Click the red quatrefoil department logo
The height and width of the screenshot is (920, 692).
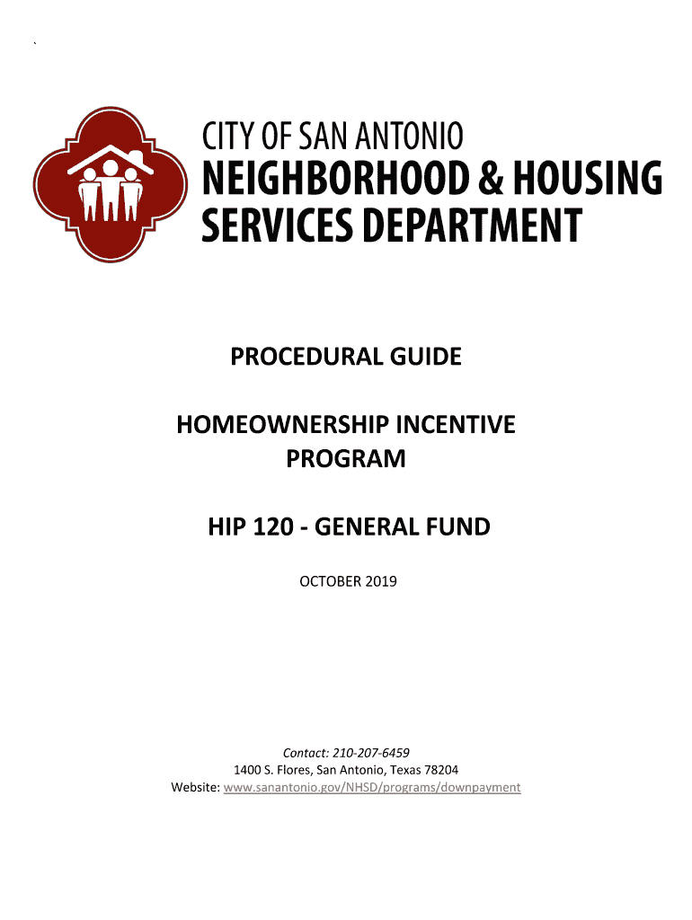coord(109,185)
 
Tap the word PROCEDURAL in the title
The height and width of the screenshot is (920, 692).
coord(291,358)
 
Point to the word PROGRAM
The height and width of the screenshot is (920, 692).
coord(346,460)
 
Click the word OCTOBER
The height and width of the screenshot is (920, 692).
coord(330,582)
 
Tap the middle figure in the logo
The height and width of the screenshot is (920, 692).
coord(110,189)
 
